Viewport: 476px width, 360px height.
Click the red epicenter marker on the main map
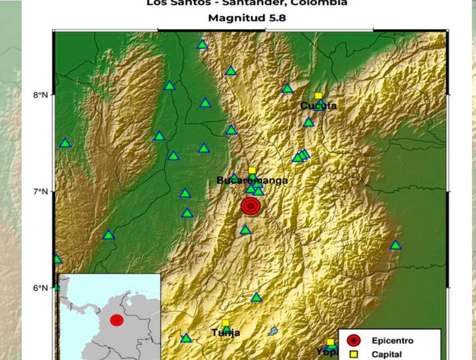click(x=251, y=206)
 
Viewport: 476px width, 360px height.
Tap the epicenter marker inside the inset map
click(x=117, y=320)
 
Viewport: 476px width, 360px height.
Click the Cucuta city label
click(x=318, y=106)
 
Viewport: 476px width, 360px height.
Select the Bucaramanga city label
click(x=252, y=181)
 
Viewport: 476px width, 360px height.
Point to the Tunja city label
click(x=226, y=333)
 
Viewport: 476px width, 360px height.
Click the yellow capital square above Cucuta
click(x=318, y=96)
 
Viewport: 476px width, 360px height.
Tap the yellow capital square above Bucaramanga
click(x=252, y=170)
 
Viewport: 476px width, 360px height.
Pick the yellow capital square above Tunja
click(x=225, y=323)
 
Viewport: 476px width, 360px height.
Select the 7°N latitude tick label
click(x=41, y=191)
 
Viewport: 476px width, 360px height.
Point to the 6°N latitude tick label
click(x=41, y=287)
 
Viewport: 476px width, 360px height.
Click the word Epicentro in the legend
click(x=392, y=340)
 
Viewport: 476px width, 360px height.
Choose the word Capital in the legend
click(x=387, y=355)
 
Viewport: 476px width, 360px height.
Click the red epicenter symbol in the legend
click(x=354, y=340)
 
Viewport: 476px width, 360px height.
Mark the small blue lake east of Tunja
click(x=273, y=331)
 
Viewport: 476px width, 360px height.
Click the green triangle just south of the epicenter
click(x=245, y=230)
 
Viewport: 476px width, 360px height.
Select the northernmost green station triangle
click(x=202, y=44)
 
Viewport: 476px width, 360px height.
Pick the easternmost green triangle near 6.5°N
click(x=395, y=245)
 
